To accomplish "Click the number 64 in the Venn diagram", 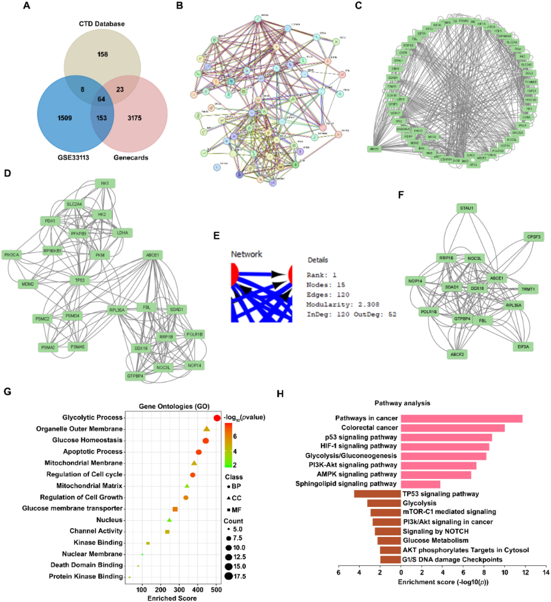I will click(101, 99).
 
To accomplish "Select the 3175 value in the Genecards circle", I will click(134, 118).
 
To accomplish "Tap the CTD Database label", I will click(102, 24).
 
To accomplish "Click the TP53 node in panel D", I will click(80, 280).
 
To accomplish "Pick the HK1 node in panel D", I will click(105, 183).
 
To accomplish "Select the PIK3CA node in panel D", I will click(12, 255).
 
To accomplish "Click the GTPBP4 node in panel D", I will click(135, 376).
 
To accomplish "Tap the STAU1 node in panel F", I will click(466, 208).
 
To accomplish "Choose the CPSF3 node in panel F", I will click(533, 237).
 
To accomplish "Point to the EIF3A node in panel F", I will click(523, 347).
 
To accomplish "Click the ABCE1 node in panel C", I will click(374, 149).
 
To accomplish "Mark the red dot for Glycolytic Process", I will click(217, 418).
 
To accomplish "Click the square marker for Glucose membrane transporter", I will click(175, 509).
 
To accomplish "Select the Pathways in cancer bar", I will click(461, 418).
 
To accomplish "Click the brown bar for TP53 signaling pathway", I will click(377, 494).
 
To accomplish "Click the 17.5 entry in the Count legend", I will click(239, 576).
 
